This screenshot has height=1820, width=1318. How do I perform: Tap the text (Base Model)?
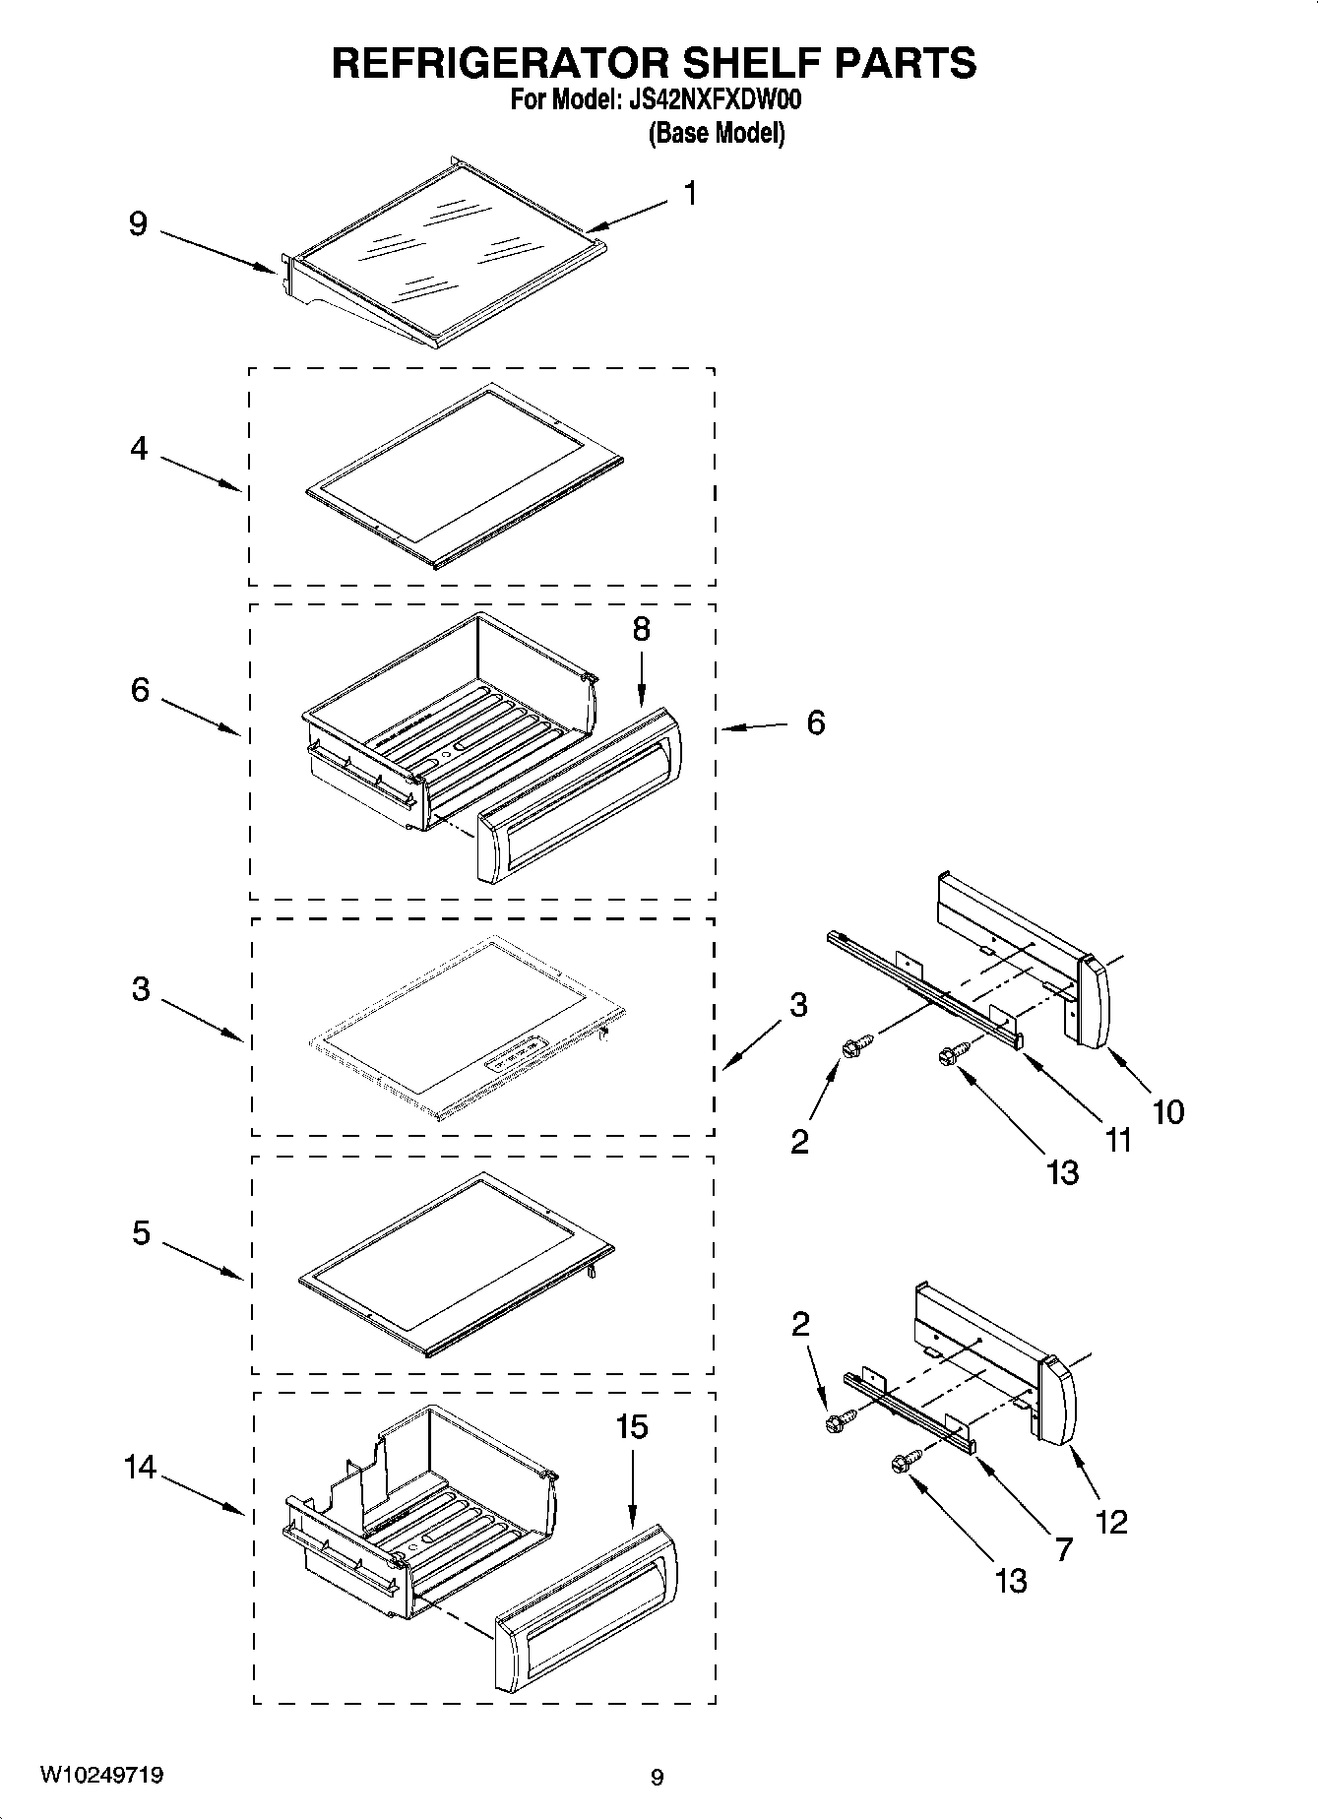(717, 133)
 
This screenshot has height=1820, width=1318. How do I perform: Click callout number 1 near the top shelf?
(691, 193)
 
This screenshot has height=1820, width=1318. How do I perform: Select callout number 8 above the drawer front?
(641, 629)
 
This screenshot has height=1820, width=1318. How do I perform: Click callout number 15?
(632, 1426)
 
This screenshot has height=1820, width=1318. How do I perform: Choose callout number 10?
(1168, 1112)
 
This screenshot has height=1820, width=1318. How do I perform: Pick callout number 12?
(1111, 1522)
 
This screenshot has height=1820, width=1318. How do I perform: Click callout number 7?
(1063, 1549)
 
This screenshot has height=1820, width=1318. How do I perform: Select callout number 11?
(1118, 1140)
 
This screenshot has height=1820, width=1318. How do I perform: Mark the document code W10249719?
(101, 1775)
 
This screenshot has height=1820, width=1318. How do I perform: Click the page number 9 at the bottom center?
(658, 1777)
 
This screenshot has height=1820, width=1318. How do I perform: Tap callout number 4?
(139, 449)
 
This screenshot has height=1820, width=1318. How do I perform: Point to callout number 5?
(141, 1232)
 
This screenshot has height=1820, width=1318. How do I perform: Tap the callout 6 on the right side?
(815, 722)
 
